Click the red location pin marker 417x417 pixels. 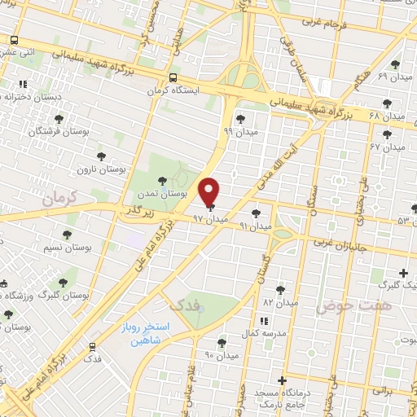pyautogui.click(x=209, y=192)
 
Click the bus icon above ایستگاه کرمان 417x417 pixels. pyautogui.click(x=172, y=77)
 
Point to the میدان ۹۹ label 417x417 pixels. pyautogui.click(x=239, y=129)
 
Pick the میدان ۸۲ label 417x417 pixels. pyautogui.click(x=281, y=301)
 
